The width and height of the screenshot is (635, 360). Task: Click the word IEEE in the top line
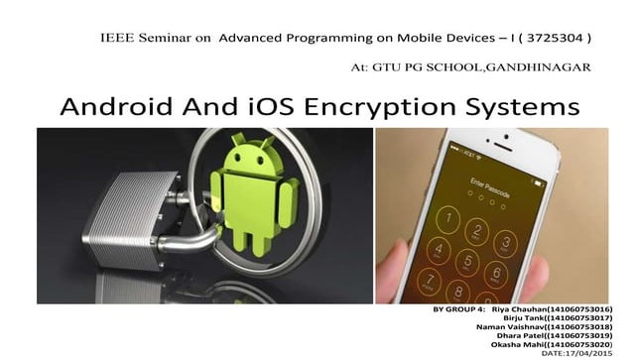pyautogui.click(x=115, y=39)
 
